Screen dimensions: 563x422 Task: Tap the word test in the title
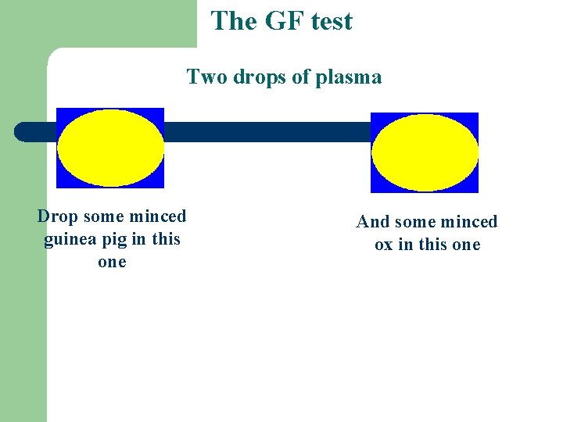[x=331, y=21]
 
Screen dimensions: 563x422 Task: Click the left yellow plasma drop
[x=110, y=148]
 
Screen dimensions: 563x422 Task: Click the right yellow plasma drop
[x=424, y=152]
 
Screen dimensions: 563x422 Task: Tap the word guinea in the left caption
[x=70, y=239]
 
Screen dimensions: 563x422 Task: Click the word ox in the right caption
[x=383, y=245]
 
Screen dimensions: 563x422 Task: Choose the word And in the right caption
[x=373, y=222]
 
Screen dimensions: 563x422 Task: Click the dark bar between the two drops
[x=266, y=132]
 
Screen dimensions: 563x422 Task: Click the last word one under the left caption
[x=112, y=262]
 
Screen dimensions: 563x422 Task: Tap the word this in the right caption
[x=432, y=245]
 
